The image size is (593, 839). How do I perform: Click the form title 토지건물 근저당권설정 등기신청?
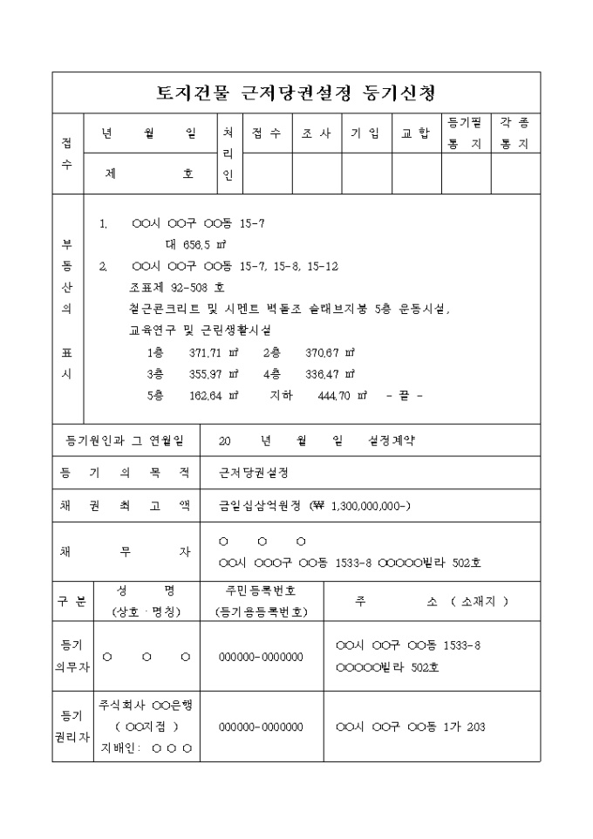(296, 92)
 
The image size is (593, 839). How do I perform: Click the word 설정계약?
(392, 440)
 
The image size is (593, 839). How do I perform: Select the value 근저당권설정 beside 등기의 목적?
(254, 473)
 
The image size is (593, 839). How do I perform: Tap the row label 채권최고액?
(126, 506)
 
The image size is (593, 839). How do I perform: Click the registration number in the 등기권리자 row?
(261, 726)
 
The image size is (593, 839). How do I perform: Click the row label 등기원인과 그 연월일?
(126, 440)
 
